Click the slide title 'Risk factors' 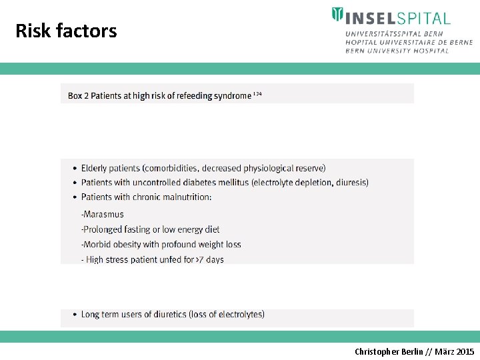pyautogui.click(x=66, y=31)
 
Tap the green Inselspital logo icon pyautogui.click(x=338, y=15)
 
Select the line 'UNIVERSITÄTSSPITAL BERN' pyautogui.click(x=394, y=33)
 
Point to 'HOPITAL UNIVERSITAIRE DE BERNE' pyautogui.click(x=409, y=42)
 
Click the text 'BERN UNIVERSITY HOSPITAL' pyautogui.click(x=397, y=51)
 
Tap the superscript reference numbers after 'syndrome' pyautogui.click(x=257, y=94)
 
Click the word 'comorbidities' pyautogui.click(x=171, y=168)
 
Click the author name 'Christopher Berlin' pyautogui.click(x=388, y=351)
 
